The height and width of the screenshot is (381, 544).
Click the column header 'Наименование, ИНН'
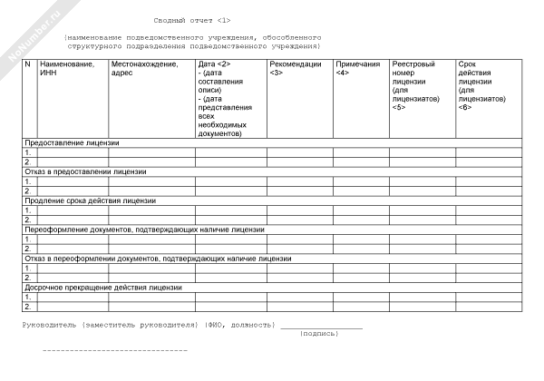pos(66,69)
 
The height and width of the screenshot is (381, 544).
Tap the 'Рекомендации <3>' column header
pos(295,69)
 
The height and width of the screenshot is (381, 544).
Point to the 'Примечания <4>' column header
pos(357,69)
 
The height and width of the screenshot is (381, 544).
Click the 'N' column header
pos(27,64)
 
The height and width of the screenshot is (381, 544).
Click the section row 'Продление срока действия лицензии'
pos(90,200)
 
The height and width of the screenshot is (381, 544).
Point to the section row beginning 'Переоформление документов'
pos(144,229)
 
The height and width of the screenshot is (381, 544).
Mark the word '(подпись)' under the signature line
pos(319,333)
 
